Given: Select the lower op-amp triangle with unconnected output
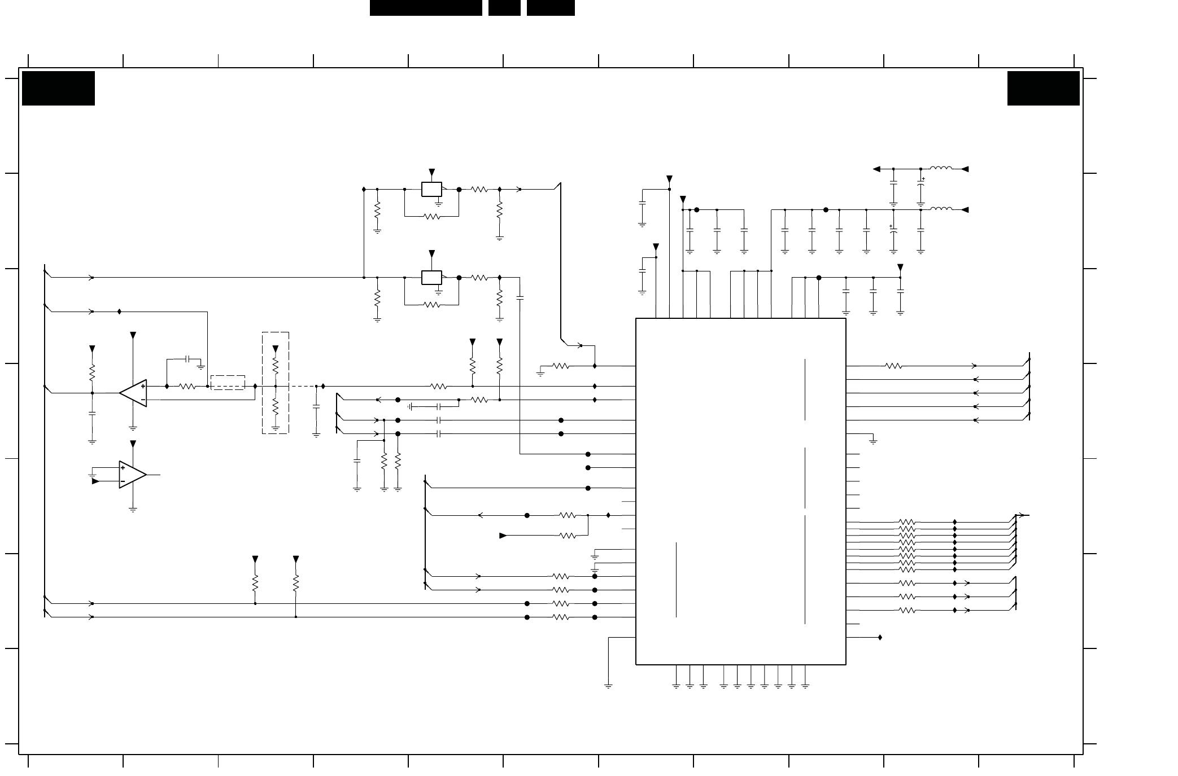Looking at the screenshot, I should point(132,475).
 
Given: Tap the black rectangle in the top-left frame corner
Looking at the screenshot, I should point(58,88).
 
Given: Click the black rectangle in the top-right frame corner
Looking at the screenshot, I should point(1043,88).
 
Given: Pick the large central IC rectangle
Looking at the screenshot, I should point(740,491).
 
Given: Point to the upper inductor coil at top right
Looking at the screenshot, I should point(941,169).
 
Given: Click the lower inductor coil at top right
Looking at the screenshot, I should point(941,209).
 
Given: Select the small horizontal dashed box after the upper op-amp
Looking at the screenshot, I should point(228,382).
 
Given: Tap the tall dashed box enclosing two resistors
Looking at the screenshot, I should point(275,383).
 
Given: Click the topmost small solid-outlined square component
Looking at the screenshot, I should point(431,190).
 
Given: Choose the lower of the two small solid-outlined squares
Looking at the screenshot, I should point(431,278).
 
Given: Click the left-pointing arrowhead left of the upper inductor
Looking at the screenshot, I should point(876,169).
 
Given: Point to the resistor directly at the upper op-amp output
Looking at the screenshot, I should point(187,387).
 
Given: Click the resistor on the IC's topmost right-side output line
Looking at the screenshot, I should point(893,366).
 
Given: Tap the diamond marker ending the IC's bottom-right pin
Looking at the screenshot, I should point(880,638).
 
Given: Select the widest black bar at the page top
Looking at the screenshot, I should point(426,8).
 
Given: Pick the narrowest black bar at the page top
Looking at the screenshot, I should point(504,8).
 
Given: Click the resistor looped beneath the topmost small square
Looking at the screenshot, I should point(431,216).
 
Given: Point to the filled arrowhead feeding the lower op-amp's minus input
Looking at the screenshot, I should point(95,481).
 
